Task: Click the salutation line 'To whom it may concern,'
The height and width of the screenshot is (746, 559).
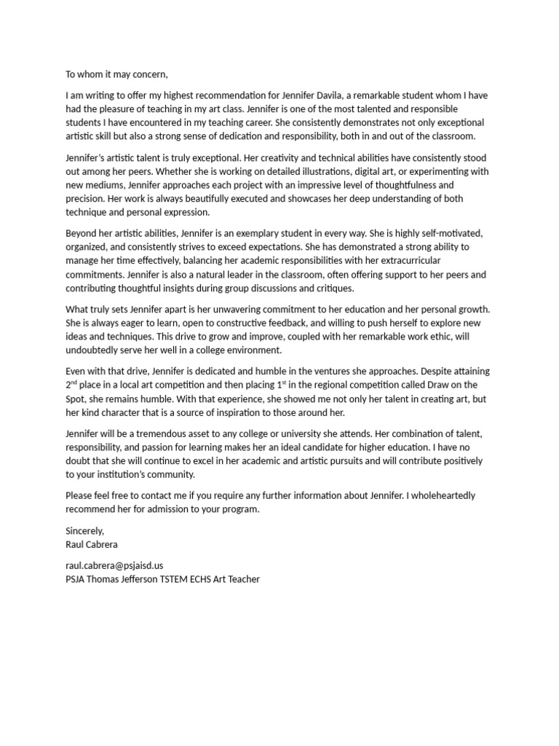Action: pos(116,74)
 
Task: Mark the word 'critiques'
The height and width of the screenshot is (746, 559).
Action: pos(330,288)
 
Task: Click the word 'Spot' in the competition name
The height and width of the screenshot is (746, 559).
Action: pos(76,398)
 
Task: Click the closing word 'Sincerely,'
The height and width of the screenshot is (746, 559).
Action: pos(84,530)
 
